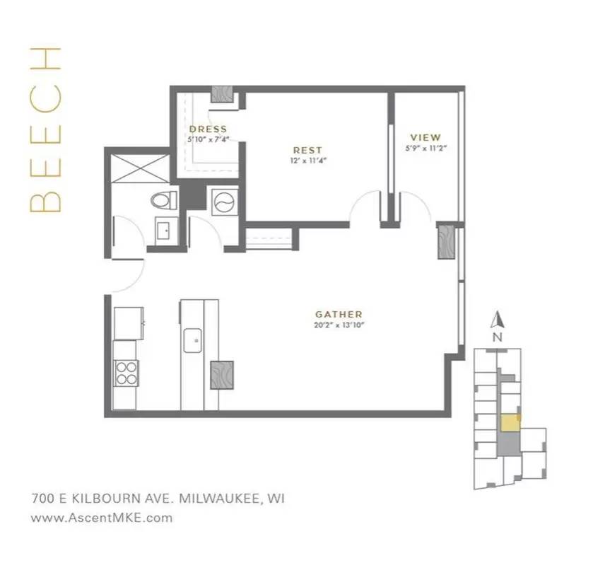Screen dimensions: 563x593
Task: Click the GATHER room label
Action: (339, 314)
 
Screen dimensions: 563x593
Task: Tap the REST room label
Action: (307, 150)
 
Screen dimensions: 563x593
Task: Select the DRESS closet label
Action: (208, 129)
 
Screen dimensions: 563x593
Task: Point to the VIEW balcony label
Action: (425, 137)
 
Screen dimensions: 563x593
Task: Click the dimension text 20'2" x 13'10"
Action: (339, 325)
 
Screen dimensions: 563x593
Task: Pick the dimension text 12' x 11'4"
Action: (307, 161)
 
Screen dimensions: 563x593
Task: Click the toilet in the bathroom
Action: (163, 199)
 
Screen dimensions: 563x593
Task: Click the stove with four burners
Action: (126, 372)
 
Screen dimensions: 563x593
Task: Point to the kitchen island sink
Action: (193, 340)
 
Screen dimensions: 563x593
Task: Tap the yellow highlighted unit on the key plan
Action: (509, 422)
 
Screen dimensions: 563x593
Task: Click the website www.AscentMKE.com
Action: (102, 517)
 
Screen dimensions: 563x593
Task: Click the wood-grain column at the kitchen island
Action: (222, 374)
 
